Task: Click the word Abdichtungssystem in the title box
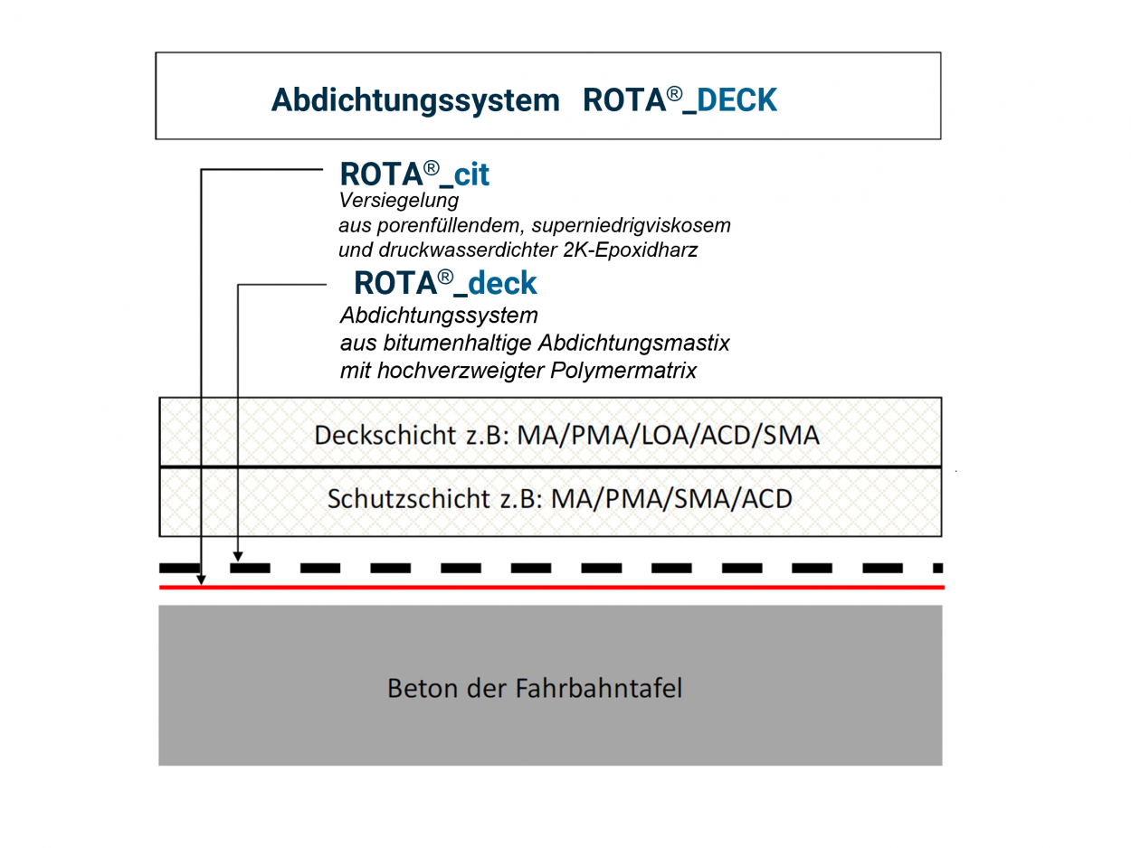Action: click(x=415, y=99)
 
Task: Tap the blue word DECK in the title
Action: click(x=737, y=99)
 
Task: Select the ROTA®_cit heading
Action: click(x=414, y=174)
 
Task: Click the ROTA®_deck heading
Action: click(x=445, y=283)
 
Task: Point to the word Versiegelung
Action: click(x=399, y=201)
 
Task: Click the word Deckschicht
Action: click(x=385, y=435)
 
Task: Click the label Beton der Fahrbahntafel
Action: click(x=535, y=688)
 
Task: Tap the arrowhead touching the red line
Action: click(x=202, y=579)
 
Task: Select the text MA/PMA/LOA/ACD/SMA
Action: click(x=668, y=435)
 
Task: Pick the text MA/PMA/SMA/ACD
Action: click(x=671, y=499)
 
